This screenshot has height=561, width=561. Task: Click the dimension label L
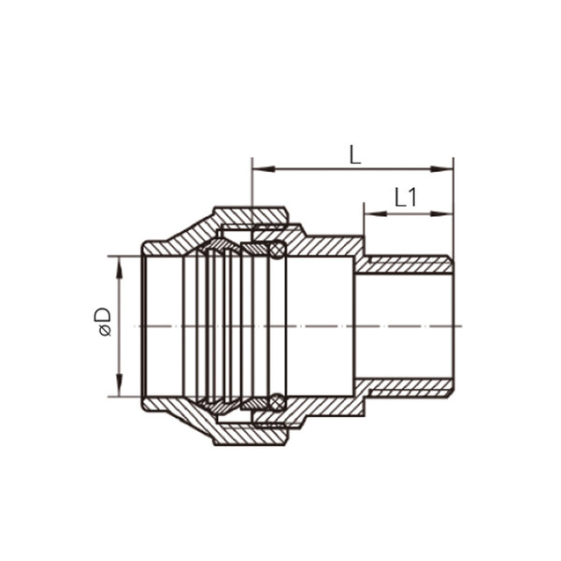point(355,154)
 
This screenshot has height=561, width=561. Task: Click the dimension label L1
point(406,197)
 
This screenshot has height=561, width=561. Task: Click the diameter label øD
point(103,322)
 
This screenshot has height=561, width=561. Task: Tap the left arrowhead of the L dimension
point(264,169)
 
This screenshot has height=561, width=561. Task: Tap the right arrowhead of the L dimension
point(441,169)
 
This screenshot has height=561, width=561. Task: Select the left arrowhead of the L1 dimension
point(376,214)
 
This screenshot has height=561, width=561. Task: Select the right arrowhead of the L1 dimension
point(441,214)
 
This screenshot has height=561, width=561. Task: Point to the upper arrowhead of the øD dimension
point(120,267)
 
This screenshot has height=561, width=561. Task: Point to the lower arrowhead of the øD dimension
point(120,385)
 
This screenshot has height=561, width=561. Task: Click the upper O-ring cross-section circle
point(278,250)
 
